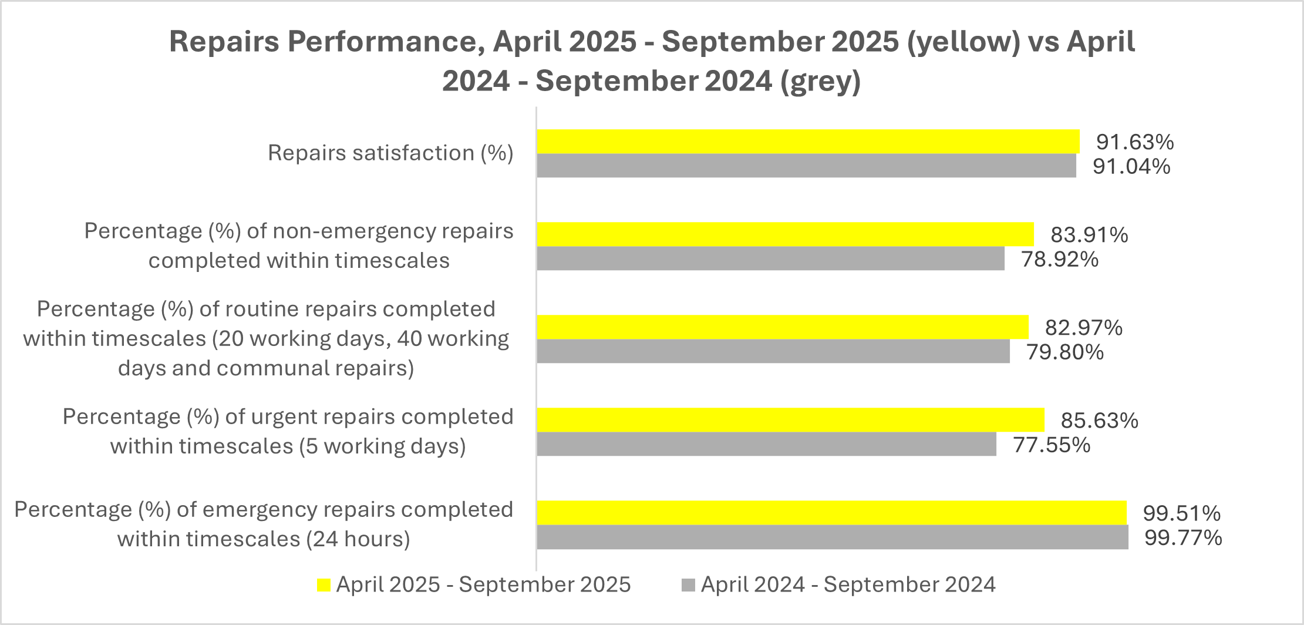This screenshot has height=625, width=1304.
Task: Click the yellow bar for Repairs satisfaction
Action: tap(808, 142)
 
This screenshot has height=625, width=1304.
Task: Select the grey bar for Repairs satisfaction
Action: tap(806, 166)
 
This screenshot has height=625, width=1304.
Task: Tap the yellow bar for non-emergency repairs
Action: tap(785, 234)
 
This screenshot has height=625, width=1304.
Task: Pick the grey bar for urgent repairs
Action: tap(766, 445)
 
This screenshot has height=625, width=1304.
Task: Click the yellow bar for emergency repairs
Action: tap(831, 513)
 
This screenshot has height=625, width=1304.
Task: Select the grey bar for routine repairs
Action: tap(773, 352)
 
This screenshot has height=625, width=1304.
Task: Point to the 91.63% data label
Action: tap(1135, 142)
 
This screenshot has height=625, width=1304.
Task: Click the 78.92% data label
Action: tap(1060, 259)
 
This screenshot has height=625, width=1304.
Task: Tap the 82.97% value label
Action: tap(1083, 327)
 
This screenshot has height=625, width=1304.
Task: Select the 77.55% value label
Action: tap(1052, 445)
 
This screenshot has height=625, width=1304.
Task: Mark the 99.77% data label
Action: tap(1183, 537)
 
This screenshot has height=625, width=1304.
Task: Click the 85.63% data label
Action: tap(1099, 421)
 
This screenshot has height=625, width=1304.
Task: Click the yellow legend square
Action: tap(324, 585)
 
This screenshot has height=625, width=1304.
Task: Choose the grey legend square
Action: tap(688, 585)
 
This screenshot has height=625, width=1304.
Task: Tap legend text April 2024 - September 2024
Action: tap(848, 584)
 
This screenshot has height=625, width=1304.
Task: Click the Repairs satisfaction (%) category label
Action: tap(390, 153)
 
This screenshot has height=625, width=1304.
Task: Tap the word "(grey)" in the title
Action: tap(820, 81)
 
